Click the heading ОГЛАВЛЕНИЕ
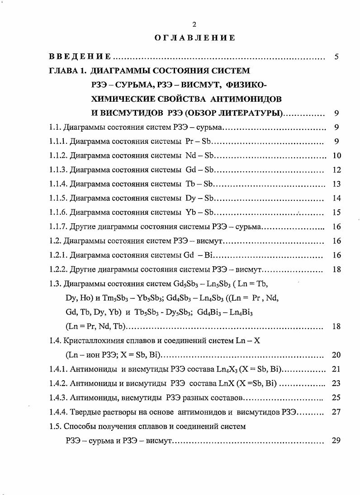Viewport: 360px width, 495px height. pos(194,38)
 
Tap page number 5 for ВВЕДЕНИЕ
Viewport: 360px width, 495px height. pos(336,57)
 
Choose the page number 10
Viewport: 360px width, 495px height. pos(336,156)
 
